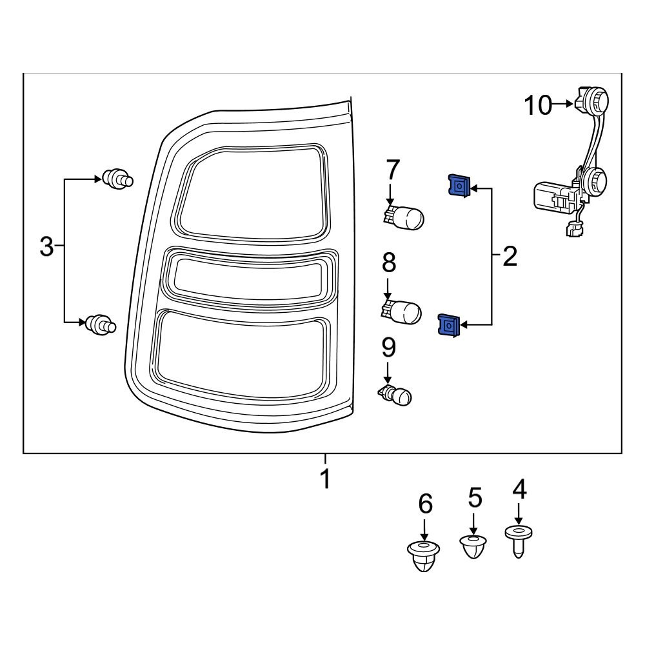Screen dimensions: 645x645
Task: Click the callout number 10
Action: point(537,105)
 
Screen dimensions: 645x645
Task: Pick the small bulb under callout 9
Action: point(395,395)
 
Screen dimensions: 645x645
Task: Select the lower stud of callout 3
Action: point(101,324)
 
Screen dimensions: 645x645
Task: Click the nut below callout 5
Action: point(473,546)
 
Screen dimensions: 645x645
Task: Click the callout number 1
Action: point(326,479)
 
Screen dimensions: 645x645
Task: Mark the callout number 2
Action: point(510,257)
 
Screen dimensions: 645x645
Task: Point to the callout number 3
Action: point(46,246)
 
